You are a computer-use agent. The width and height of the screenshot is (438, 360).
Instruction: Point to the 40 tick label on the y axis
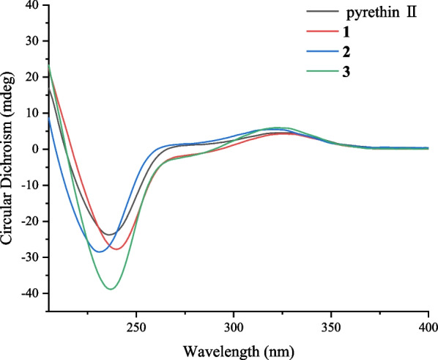click(x=31, y=5)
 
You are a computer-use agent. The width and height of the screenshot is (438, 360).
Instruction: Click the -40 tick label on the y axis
click(x=29, y=294)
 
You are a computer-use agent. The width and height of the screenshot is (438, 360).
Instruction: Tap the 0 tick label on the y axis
click(x=34, y=150)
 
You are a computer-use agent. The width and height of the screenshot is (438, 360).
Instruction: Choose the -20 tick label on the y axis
click(x=29, y=221)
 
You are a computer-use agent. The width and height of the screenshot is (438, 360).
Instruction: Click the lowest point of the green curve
click(x=111, y=289)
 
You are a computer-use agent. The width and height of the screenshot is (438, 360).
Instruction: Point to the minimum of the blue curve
click(x=98, y=251)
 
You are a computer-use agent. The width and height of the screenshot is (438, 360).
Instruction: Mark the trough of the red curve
click(x=116, y=249)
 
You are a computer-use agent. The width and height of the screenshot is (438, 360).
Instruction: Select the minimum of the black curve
click(x=108, y=235)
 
